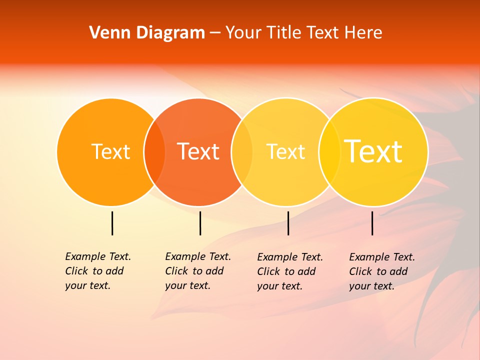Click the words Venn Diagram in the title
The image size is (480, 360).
pos(147,33)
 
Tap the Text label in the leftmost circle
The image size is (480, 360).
pos(110,151)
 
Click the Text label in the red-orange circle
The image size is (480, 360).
pos(198,151)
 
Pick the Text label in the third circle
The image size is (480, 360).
pos(285,151)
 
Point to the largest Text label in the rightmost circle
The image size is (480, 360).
pos(373,151)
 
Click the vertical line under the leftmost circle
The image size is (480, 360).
pos(112,223)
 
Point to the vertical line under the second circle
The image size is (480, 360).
pos(200,223)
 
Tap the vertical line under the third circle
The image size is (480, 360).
pos(288,223)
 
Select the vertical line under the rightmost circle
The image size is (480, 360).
pos(372,223)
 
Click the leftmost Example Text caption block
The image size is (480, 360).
pos(97,271)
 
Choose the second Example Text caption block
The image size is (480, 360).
pos(197,271)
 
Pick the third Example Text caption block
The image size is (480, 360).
pos(289,271)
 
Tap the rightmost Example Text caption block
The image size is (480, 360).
pos(381,271)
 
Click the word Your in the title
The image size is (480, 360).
pos(243,33)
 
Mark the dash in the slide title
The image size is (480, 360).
pos(215,33)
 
